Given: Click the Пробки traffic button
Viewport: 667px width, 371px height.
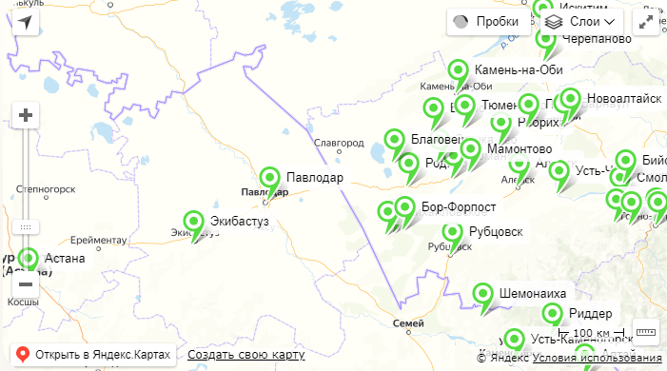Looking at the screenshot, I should pyautogui.click(x=485, y=21).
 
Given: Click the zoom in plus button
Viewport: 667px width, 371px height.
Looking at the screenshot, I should pyautogui.click(x=26, y=116).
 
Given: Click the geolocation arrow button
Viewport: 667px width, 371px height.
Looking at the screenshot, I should pyautogui.click(x=26, y=23).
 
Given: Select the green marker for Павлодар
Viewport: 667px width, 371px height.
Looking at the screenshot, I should pyautogui.click(x=271, y=179).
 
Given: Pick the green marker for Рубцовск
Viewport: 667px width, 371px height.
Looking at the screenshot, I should pyautogui.click(x=453, y=233).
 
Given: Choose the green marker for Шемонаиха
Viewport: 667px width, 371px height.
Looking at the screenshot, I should pyautogui.click(x=484, y=295).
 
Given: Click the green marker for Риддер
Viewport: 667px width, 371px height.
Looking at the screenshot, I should pyautogui.click(x=553, y=315).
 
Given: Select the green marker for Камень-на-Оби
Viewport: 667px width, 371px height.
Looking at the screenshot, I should pyautogui.click(x=459, y=71).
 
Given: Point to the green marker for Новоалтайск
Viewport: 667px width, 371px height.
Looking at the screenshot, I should pyautogui.click(x=570, y=99).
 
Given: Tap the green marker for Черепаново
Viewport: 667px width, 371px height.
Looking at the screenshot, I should pyautogui.click(x=546, y=41).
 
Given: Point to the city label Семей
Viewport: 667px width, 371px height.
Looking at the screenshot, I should pyautogui.click(x=408, y=323).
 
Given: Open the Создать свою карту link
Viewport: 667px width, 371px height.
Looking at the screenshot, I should pyautogui.click(x=245, y=355).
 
